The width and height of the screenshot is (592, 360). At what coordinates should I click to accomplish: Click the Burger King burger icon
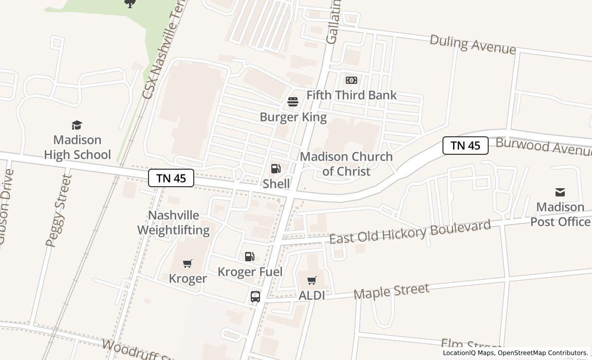[x=293, y=102]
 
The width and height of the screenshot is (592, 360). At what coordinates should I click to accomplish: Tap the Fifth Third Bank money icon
[x=351, y=80]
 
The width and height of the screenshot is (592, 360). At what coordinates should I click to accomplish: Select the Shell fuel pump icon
[x=276, y=169]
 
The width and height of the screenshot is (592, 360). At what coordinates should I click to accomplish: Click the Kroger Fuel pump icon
[x=249, y=257]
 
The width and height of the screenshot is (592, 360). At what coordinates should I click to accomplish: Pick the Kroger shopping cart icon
[x=188, y=264]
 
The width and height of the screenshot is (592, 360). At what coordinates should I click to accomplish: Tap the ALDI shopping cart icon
[x=311, y=281]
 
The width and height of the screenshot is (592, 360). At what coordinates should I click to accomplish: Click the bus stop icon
[x=255, y=297]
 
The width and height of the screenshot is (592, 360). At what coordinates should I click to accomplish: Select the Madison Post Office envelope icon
[x=560, y=192]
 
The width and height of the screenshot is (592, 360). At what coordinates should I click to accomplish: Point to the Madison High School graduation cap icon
[x=77, y=125]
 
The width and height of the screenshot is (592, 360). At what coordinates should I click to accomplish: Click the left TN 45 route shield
[x=171, y=178]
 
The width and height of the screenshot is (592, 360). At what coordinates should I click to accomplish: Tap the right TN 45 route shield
[x=465, y=146]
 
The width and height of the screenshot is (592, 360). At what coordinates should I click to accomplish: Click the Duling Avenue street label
[x=472, y=44]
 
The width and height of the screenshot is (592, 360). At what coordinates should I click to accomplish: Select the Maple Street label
[x=391, y=291]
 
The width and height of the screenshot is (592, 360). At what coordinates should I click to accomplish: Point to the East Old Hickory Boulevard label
[x=410, y=232]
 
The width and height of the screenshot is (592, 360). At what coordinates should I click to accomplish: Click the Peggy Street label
[x=58, y=211]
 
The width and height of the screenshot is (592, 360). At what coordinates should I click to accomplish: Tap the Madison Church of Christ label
[x=346, y=164]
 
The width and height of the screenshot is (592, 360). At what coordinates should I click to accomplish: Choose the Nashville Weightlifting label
[x=173, y=222]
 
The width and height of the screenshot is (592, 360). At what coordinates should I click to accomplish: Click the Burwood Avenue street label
[x=543, y=146]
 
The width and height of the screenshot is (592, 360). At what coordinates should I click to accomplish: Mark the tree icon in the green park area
[x=131, y=4]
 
